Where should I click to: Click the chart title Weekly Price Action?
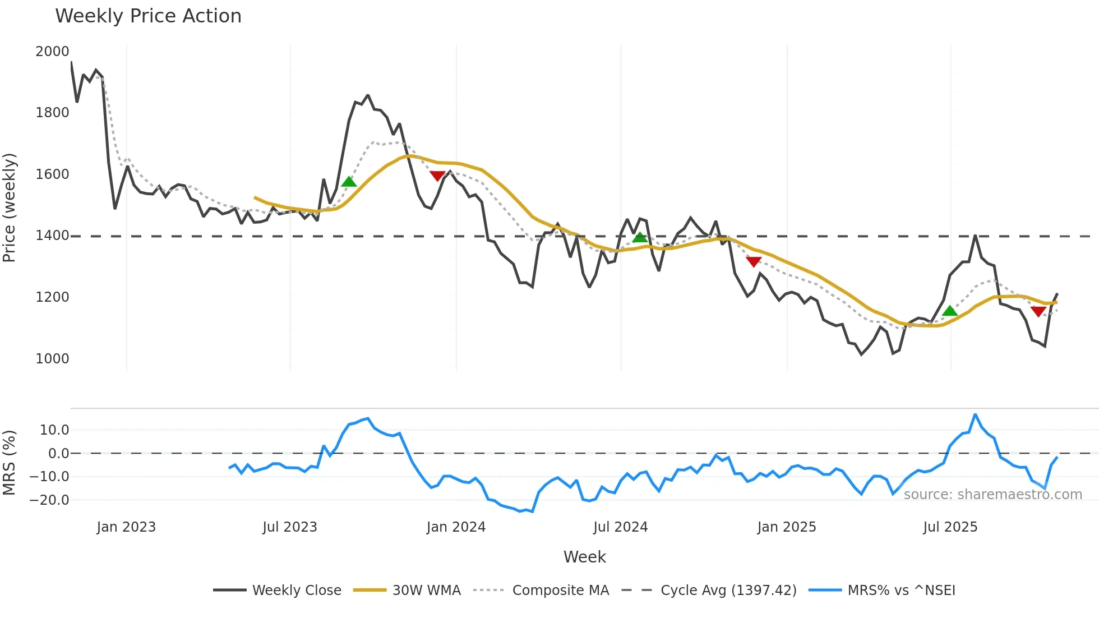coord(148,16)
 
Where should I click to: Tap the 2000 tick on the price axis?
coord(52,52)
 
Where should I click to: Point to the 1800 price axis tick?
coord(52,113)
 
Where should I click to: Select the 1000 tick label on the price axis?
coord(52,359)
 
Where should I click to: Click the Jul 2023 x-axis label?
coord(290,527)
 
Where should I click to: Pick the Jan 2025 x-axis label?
coord(787,527)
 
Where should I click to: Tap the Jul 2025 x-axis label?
coord(950,527)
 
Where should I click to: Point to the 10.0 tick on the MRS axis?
coord(54,430)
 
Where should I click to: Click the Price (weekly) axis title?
coord(10,207)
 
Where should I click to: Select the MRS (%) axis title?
coord(10,463)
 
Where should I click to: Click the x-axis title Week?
coord(584,557)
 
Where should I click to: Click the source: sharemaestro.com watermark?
coord(992,495)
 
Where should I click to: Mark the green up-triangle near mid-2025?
coord(950,311)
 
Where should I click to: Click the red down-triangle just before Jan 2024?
coord(437,176)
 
